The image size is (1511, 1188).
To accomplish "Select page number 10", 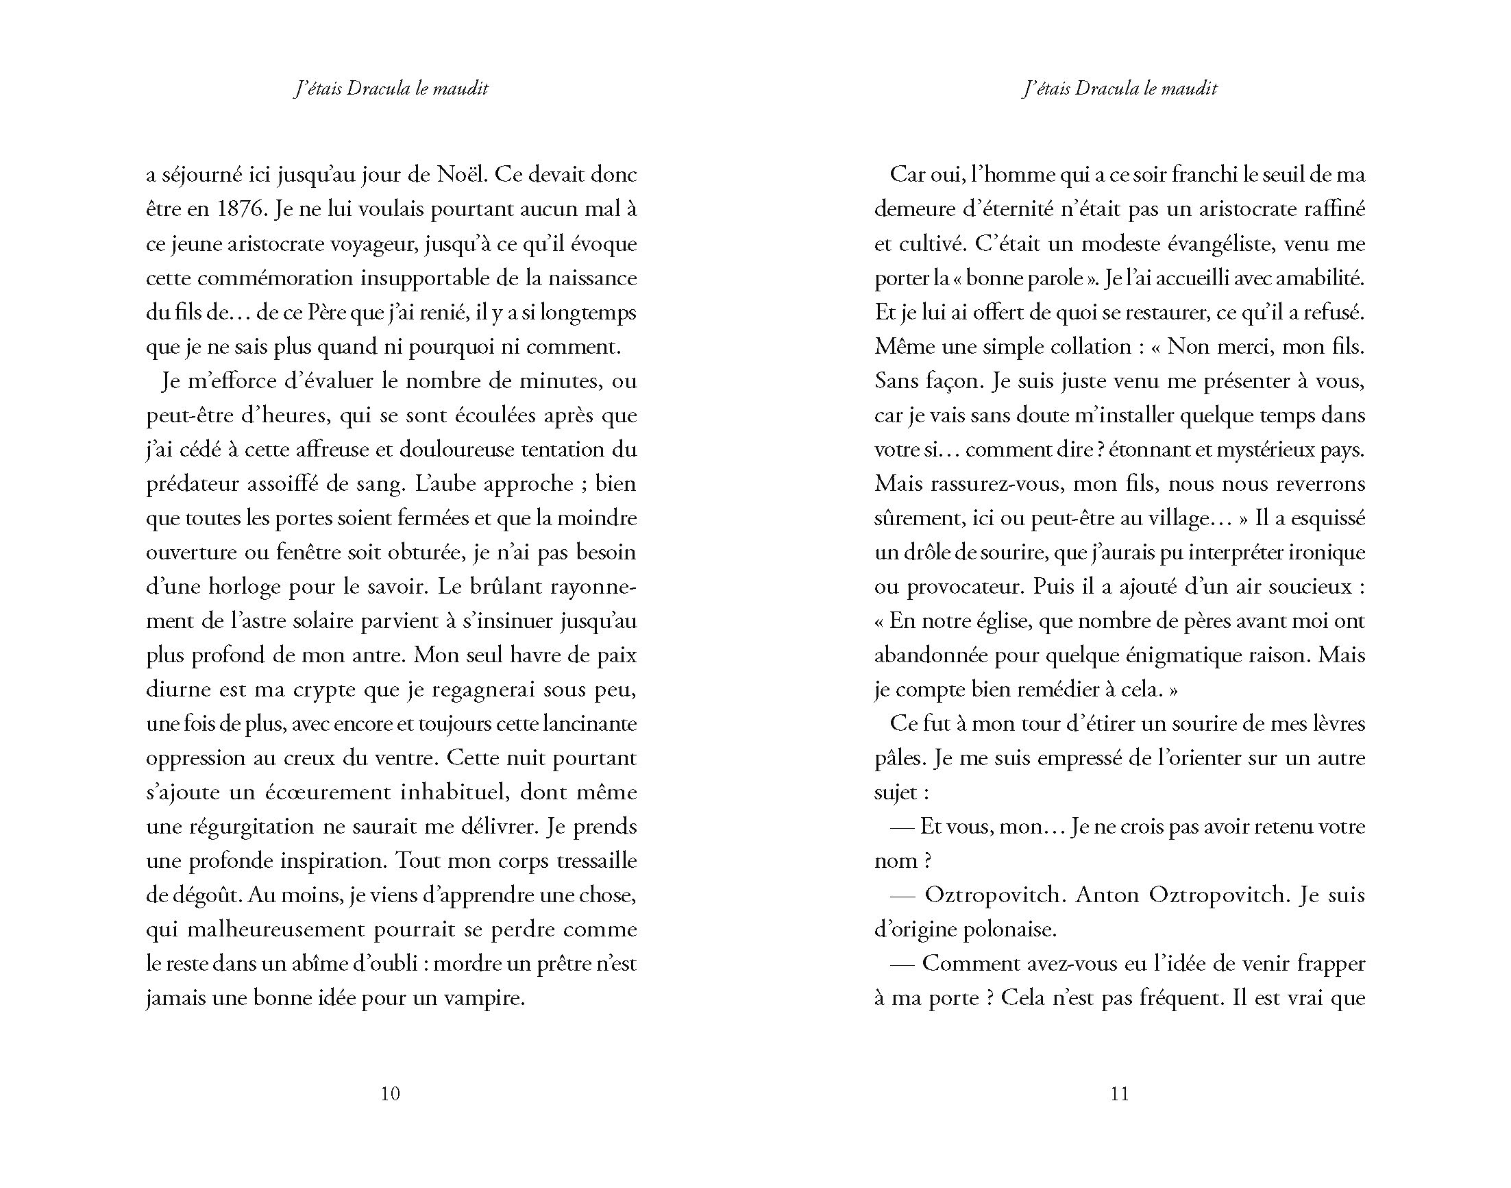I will (x=391, y=1094).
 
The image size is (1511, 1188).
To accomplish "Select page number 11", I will (x=1120, y=1094).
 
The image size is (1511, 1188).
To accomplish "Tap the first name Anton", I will (x=1107, y=896).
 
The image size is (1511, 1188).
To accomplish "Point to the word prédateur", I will (x=191, y=484).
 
